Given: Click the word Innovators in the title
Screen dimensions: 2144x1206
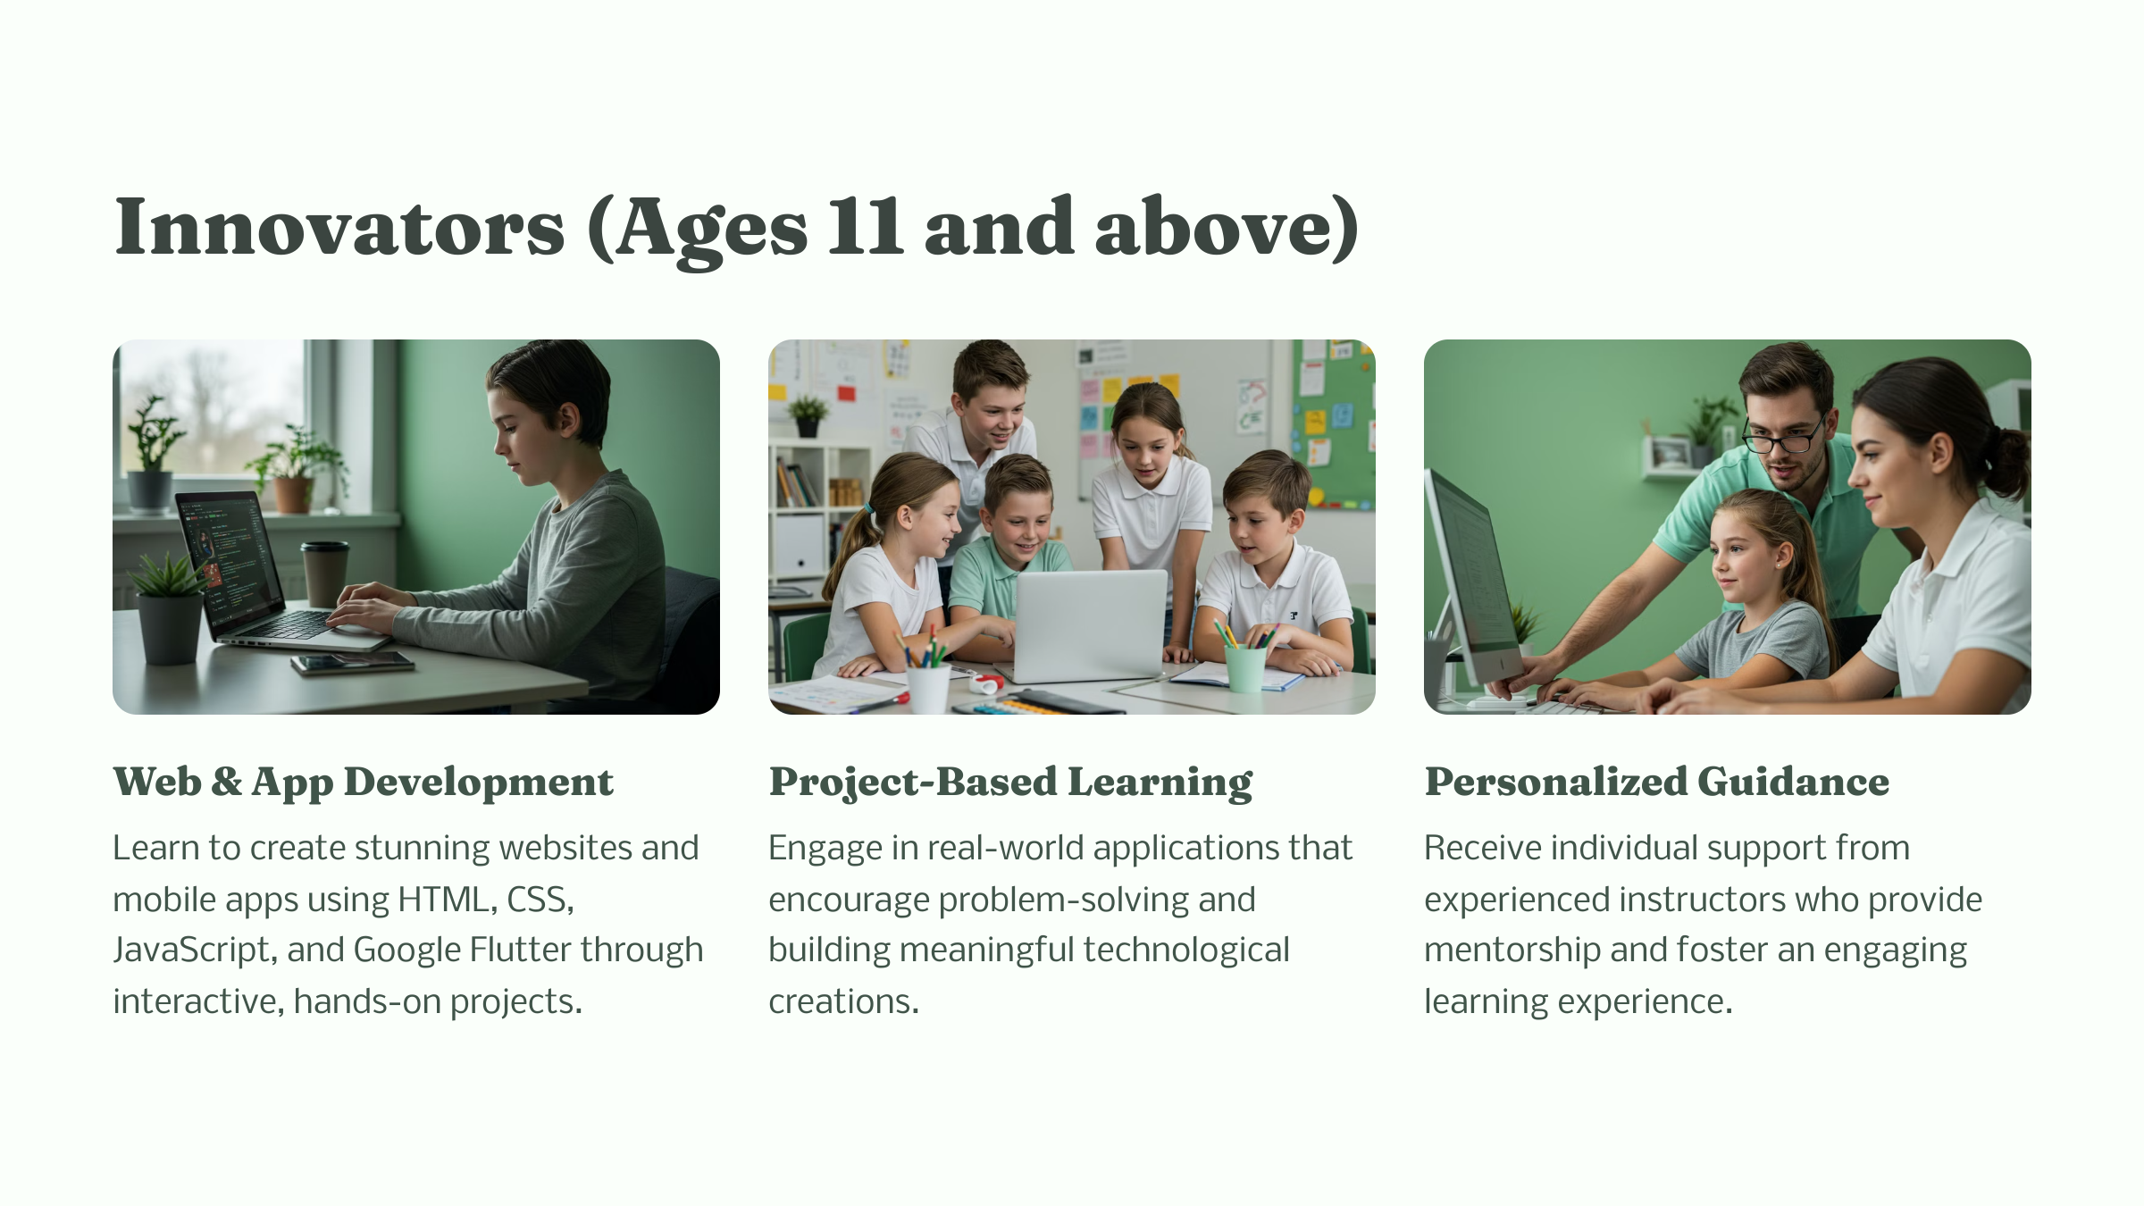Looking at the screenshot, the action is coord(339,228).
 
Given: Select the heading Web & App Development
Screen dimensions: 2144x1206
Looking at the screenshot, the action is coord(363,783).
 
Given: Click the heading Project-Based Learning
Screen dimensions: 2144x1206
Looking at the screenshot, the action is coord(1010,783).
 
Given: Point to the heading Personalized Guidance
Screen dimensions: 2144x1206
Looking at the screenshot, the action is coord(1656,782).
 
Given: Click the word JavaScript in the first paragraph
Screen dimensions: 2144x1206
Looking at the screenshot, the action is coord(191,951).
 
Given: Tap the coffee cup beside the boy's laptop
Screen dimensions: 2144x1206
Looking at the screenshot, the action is coord(324,574).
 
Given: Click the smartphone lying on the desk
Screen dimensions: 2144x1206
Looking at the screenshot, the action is coord(352,663).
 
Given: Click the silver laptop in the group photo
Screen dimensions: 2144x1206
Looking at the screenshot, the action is coord(1089,625).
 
